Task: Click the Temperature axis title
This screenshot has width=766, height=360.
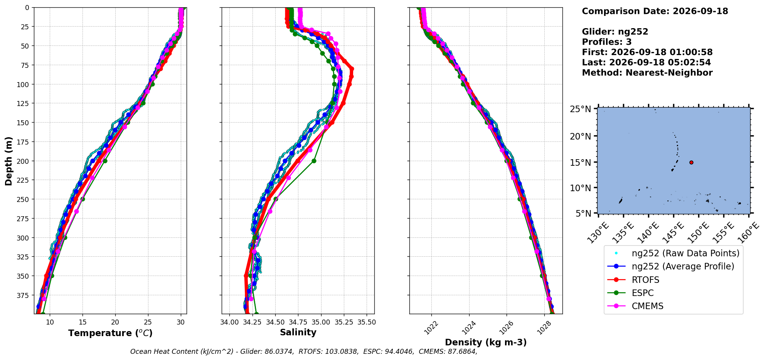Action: point(110,333)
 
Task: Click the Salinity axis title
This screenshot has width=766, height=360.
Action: point(298,333)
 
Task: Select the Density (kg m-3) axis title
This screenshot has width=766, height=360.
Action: point(486,342)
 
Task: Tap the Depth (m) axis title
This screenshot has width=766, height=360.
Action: point(9,161)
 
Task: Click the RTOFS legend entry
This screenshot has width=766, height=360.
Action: point(645,280)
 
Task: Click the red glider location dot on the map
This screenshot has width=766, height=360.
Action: point(691,162)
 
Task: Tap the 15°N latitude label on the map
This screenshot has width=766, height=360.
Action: point(581,163)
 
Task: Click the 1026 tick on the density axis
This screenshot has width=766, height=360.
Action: point(505,327)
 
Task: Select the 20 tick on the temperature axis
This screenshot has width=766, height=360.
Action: point(115,322)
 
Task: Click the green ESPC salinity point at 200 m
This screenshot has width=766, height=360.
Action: point(314,161)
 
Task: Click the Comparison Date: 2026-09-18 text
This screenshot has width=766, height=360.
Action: point(655,11)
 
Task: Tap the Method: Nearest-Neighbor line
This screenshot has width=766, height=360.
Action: point(647,73)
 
